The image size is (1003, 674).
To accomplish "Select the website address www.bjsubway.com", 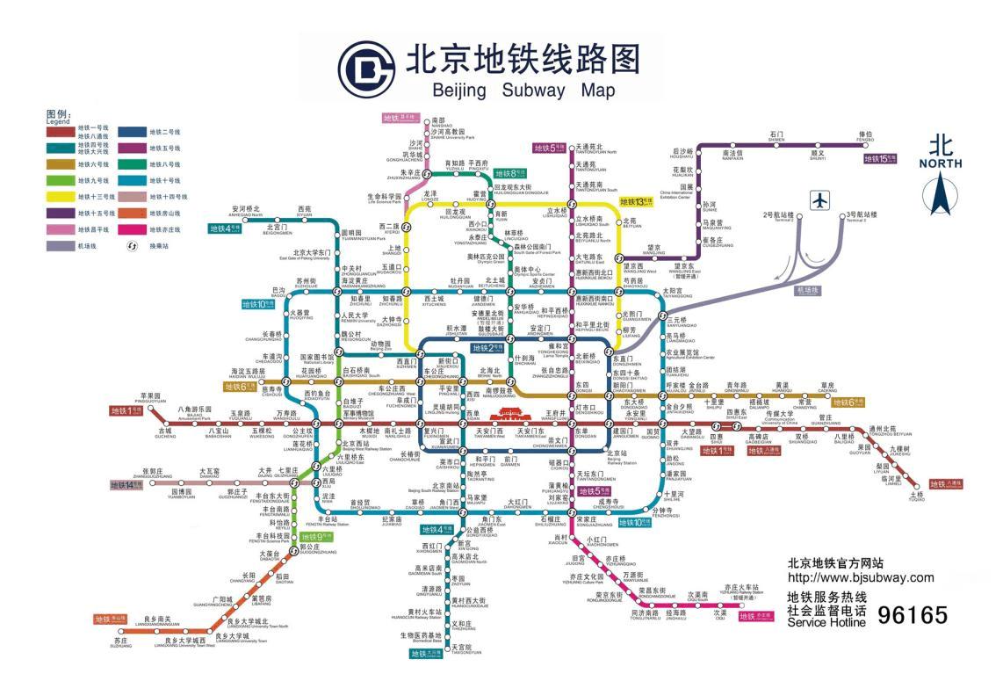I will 861,577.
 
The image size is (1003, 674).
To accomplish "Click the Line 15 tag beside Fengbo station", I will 880,159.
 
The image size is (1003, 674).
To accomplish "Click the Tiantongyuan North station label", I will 596,149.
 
